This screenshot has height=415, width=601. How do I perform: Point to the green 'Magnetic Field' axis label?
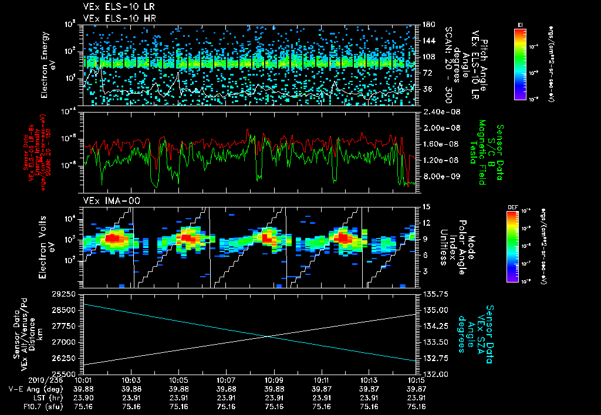[x=482, y=154]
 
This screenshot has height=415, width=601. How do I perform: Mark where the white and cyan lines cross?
[x=268, y=336]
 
